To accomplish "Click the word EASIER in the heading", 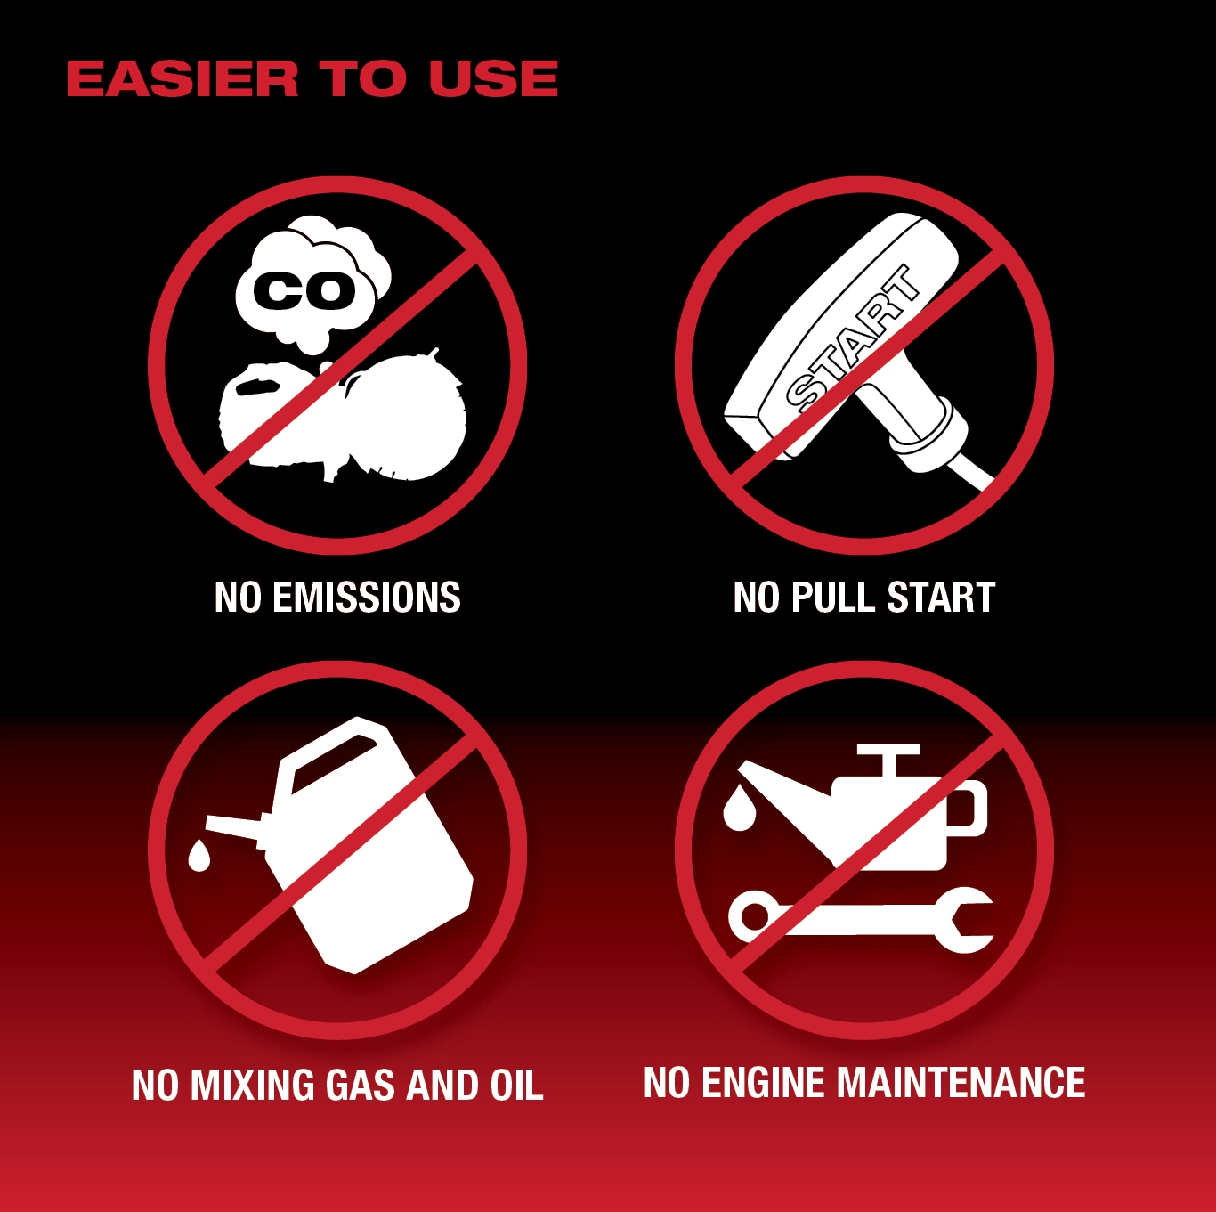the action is pyautogui.click(x=182, y=79).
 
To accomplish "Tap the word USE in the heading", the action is pyautogui.click(x=493, y=79).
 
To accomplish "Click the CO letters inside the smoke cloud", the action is pyautogui.click(x=304, y=290).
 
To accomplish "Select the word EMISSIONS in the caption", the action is pyautogui.click(x=367, y=597).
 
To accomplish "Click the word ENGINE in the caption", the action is pyautogui.click(x=764, y=1083).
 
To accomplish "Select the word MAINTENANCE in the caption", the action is pyautogui.click(x=961, y=1083).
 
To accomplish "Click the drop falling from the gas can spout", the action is pyautogui.click(x=199, y=856).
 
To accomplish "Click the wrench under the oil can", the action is pyautogui.click(x=861, y=919).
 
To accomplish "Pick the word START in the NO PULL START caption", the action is pyautogui.click(x=941, y=597).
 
